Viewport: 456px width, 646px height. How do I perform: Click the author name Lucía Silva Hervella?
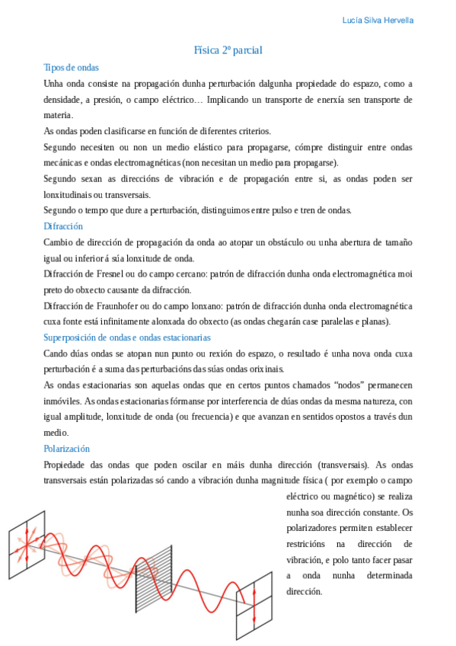pyautogui.click(x=378, y=21)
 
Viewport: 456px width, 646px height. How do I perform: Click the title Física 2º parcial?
pyautogui.click(x=228, y=50)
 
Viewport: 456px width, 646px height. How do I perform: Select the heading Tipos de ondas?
pyautogui.click(x=72, y=68)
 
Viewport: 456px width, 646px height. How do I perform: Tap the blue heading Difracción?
pyautogui.click(x=63, y=226)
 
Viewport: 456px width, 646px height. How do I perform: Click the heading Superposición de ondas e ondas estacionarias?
pyautogui.click(x=127, y=337)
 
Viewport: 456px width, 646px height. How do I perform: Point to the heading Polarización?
pyautogui.click(x=67, y=449)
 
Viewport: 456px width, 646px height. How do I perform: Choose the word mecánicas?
pyautogui.click(x=65, y=162)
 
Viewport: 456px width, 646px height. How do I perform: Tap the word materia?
pyautogui.click(x=59, y=115)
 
